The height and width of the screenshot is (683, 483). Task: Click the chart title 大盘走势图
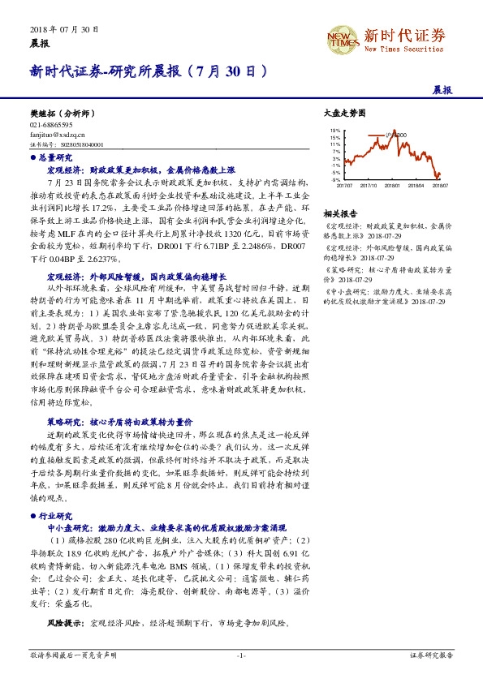pyautogui.click(x=345, y=116)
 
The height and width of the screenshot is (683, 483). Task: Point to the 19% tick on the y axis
pyautogui.click(x=334, y=130)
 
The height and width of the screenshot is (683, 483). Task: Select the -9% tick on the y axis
pyautogui.click(x=335, y=178)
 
